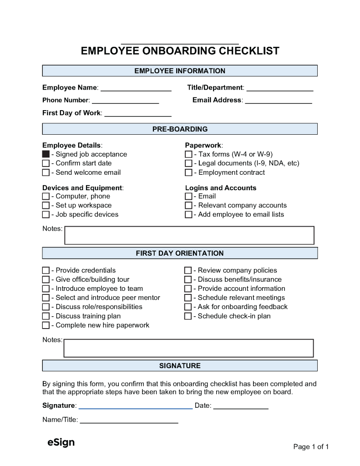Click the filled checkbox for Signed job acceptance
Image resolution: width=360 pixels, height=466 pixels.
(46, 154)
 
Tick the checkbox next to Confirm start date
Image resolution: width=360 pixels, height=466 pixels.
(46, 163)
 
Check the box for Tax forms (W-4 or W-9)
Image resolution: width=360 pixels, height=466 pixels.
(188, 154)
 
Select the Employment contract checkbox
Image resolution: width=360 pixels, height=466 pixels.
(188, 172)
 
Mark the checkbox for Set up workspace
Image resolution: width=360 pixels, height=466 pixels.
(46, 205)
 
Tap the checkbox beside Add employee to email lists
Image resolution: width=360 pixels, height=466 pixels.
(188, 214)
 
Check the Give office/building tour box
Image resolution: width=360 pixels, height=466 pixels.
(46, 279)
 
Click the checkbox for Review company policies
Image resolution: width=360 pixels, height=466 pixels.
(188, 270)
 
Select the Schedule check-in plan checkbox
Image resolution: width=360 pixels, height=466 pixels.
(188, 316)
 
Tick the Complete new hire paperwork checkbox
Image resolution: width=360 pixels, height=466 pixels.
(46, 325)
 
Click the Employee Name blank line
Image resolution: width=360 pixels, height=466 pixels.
(136, 88)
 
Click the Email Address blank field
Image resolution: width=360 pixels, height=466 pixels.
(279, 101)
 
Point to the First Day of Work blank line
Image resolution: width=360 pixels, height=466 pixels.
(138, 113)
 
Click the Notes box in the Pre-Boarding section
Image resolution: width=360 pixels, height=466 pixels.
(189, 235)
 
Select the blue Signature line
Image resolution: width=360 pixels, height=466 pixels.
(136, 406)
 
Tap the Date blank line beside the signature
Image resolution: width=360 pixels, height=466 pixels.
(241, 406)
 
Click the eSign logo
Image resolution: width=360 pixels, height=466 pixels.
(61, 442)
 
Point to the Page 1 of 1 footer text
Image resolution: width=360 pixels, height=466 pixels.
(311, 447)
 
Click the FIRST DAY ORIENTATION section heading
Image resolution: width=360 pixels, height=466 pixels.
(180, 253)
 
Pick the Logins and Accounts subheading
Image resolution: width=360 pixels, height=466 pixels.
(221, 188)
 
